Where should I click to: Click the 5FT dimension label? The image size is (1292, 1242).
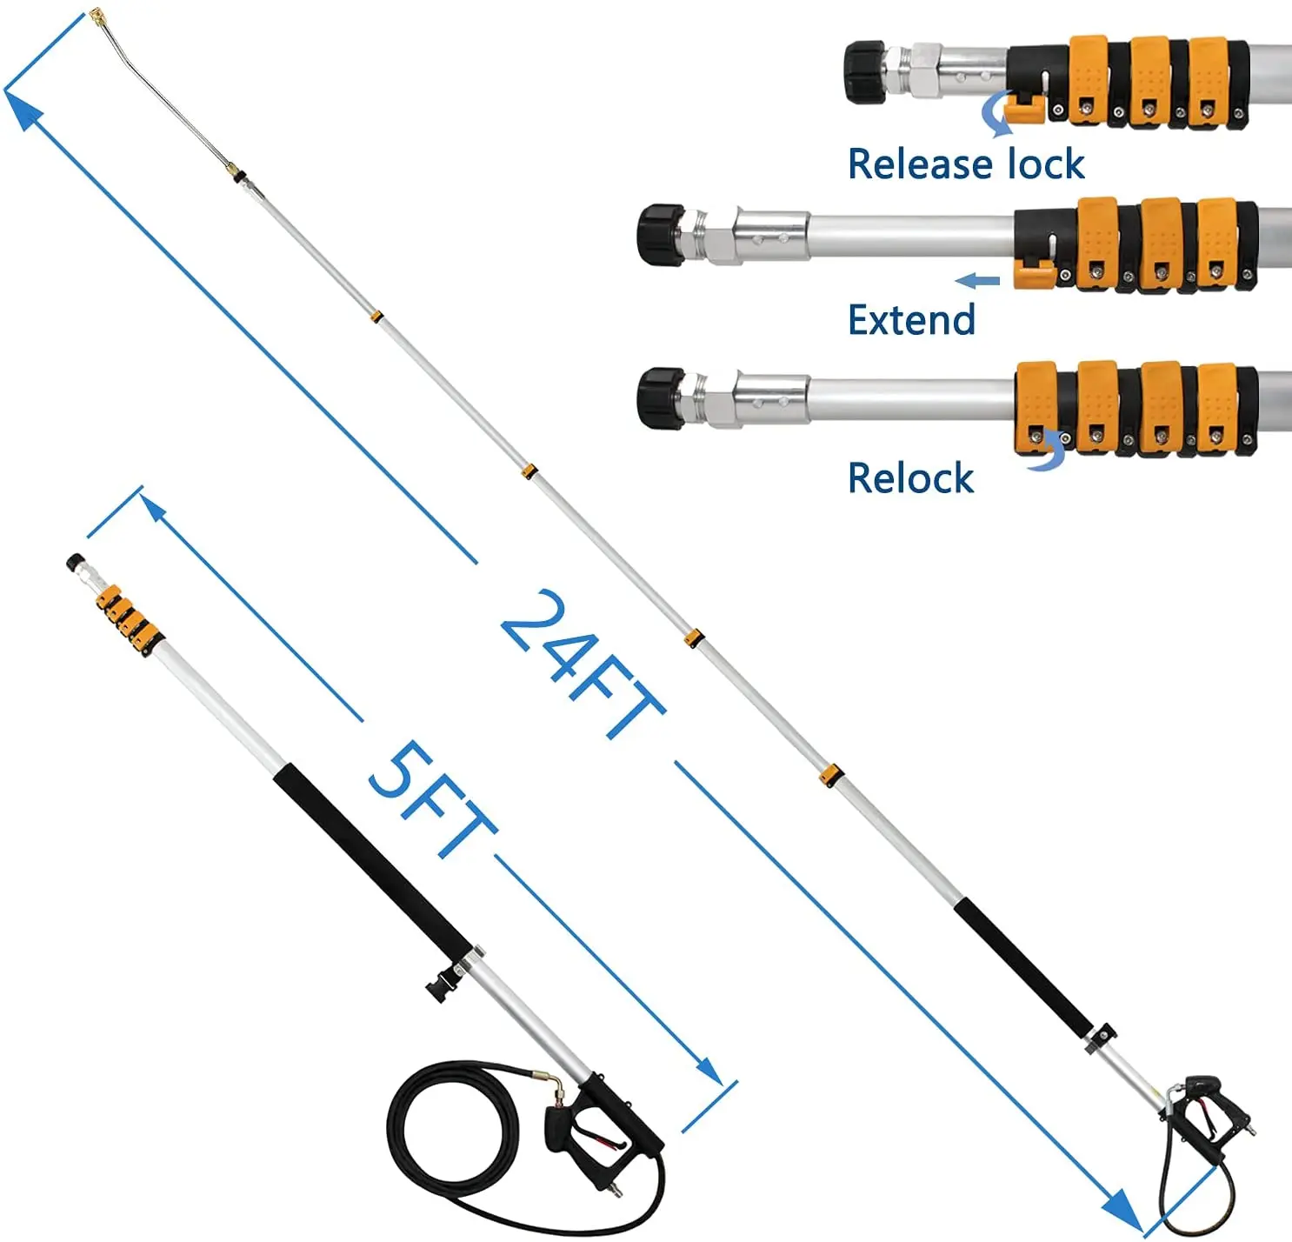(430, 798)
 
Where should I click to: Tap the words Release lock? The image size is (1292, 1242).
(965, 164)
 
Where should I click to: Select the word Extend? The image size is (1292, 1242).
(911, 320)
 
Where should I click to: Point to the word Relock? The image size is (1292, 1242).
(910, 478)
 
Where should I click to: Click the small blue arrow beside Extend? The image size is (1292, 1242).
(977, 280)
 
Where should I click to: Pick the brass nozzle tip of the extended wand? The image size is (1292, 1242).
(97, 17)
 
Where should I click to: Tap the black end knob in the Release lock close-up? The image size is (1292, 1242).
(864, 71)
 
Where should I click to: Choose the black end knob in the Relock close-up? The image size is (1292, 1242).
(661, 398)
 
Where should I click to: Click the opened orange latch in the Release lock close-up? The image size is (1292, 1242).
(1025, 110)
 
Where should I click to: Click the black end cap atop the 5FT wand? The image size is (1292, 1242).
(76, 563)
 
